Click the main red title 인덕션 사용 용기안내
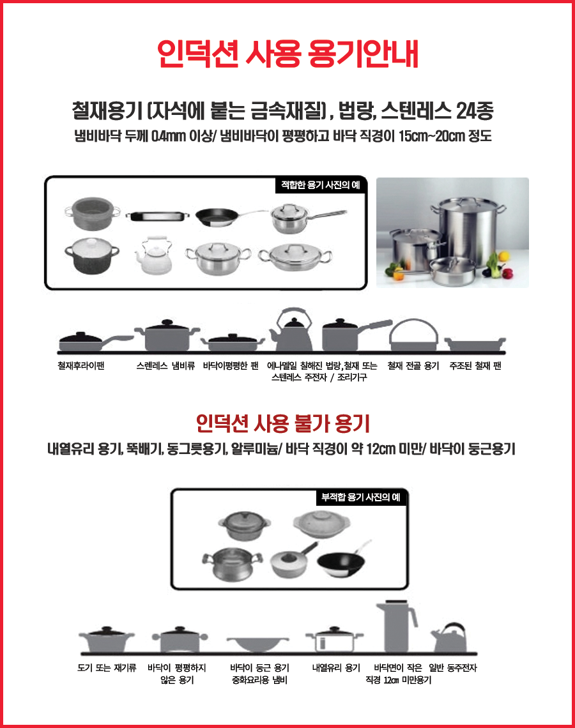pyautogui.click(x=288, y=54)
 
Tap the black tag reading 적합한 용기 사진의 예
pyautogui.click(x=320, y=185)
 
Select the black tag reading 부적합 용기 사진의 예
pyautogui.click(x=361, y=497)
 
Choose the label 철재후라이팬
pyautogui.click(x=81, y=366)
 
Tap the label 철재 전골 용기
pyautogui.click(x=413, y=366)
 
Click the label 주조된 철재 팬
pyautogui.click(x=475, y=366)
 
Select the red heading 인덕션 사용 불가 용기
pyautogui.click(x=283, y=423)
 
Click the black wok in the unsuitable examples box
pyautogui.click(x=343, y=559)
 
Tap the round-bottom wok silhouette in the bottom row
pyautogui.click(x=258, y=644)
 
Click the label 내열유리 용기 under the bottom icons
pyautogui.click(x=336, y=667)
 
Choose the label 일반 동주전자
pyautogui.click(x=453, y=667)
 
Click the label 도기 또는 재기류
pyautogui.click(x=107, y=667)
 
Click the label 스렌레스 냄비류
pyautogui.click(x=166, y=366)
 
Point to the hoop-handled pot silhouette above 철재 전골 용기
pyautogui.click(x=413, y=335)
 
